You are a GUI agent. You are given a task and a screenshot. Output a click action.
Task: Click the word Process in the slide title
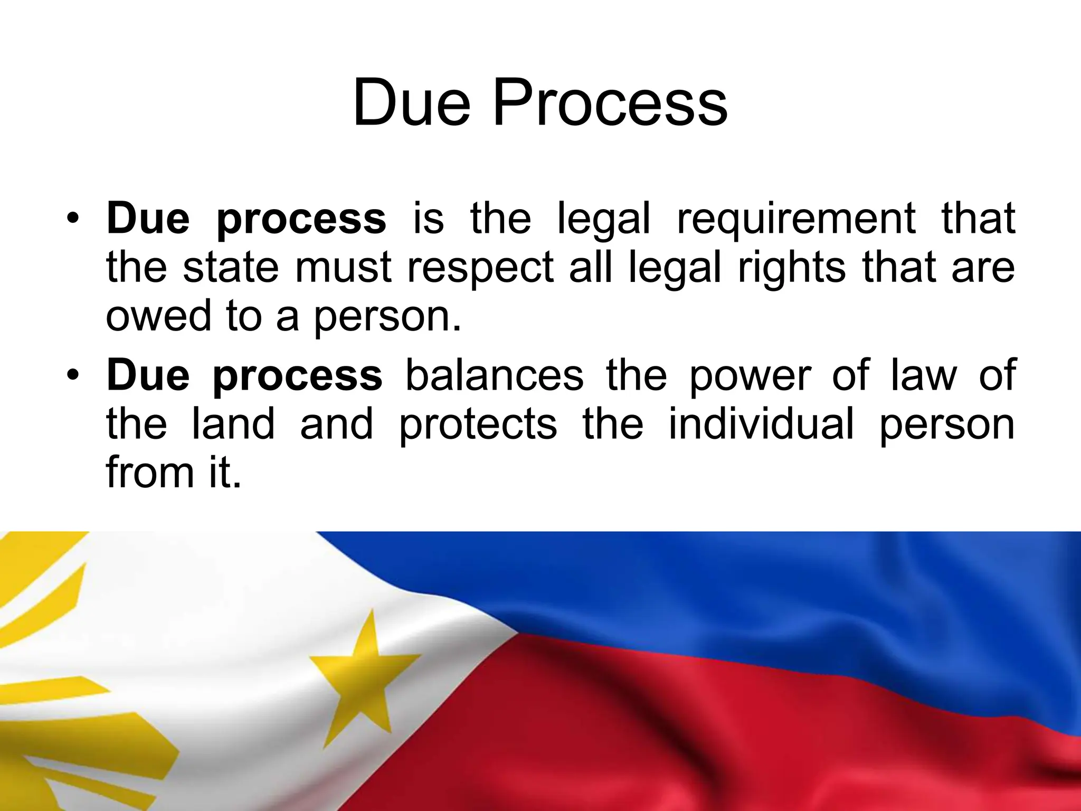610,103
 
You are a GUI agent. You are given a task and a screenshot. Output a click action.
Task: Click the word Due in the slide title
411,103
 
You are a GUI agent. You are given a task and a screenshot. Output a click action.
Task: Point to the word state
231,267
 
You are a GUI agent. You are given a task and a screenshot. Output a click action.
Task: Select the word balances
495,375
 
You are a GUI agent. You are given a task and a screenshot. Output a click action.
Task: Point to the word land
233,424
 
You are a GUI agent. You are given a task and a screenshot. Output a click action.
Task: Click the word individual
761,424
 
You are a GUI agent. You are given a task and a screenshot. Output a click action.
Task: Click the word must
343,268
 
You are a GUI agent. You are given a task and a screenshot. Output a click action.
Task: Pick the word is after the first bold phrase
428,218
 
